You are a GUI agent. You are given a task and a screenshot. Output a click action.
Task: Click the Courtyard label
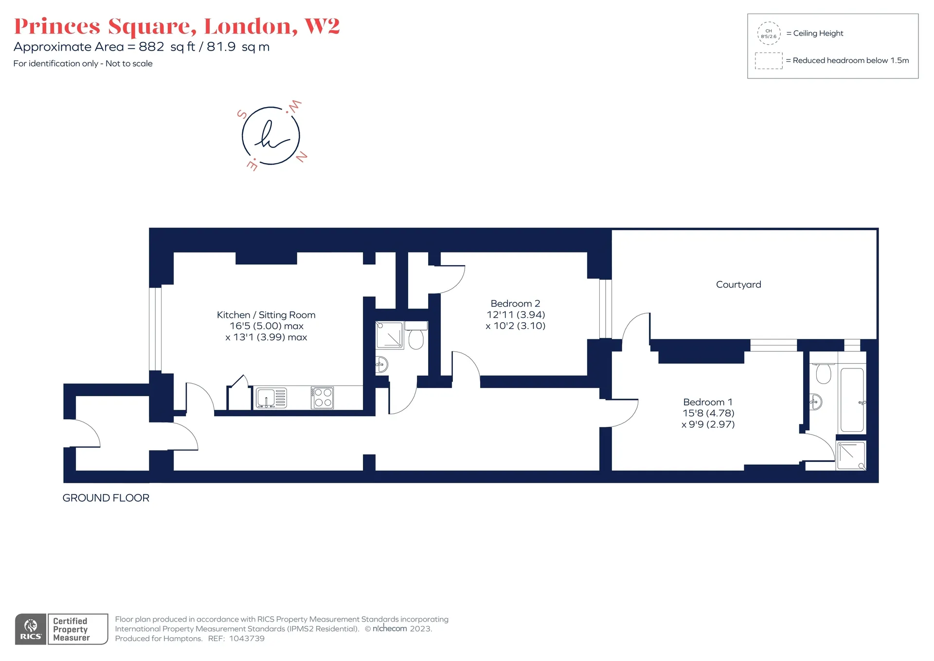tap(738, 285)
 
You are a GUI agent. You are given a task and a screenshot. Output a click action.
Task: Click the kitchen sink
tap(271, 398)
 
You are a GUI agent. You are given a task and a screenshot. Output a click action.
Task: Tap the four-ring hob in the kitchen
tap(322, 397)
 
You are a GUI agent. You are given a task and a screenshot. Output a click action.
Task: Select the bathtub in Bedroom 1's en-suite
tap(852, 400)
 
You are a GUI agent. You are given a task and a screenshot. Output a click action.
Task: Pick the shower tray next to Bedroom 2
tap(390, 335)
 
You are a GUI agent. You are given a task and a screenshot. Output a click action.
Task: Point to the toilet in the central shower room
tap(416, 336)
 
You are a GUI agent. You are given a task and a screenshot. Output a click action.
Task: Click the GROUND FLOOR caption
tap(106, 498)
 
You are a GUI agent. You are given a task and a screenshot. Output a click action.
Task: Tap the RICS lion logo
tap(31, 629)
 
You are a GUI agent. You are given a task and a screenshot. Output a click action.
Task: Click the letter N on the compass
tap(302, 157)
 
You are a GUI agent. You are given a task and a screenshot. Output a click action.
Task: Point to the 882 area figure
tap(151, 47)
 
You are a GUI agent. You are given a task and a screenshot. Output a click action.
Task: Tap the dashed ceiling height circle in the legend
tap(769, 33)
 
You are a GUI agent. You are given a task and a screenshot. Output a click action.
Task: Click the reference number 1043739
tap(247, 639)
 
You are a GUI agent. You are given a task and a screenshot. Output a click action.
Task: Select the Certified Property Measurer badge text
tap(71, 629)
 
